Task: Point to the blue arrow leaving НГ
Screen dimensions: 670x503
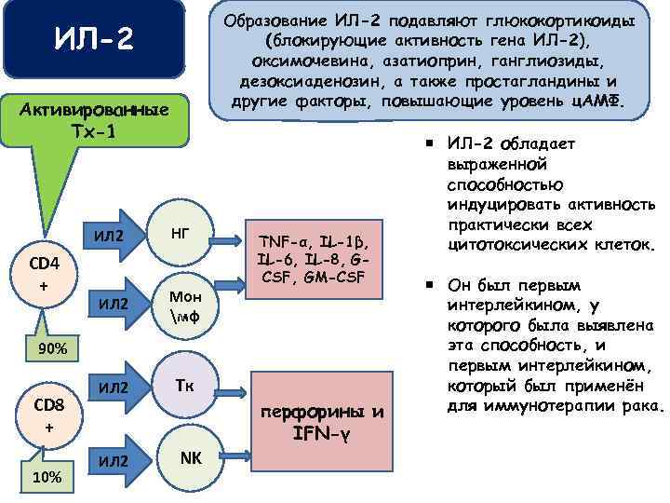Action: (229, 241)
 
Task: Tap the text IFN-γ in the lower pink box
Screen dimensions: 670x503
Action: (320, 432)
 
